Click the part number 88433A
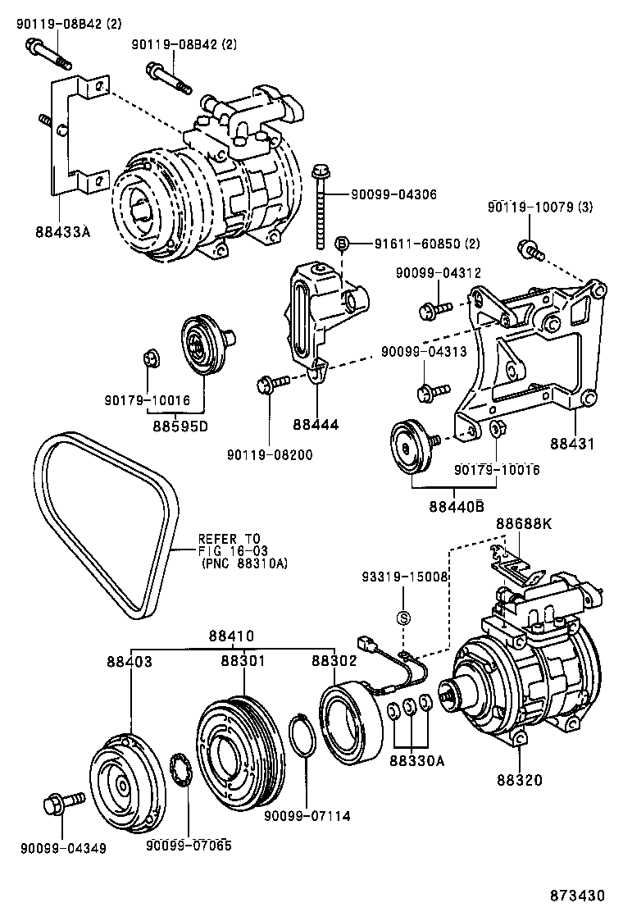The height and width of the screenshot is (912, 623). click(62, 232)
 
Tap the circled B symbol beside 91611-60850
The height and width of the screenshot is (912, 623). click(343, 243)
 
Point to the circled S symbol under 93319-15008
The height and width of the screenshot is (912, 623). click(403, 618)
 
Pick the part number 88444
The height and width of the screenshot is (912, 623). click(316, 425)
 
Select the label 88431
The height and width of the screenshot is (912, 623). click(571, 443)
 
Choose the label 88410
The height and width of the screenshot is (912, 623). click(231, 636)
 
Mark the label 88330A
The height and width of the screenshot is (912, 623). click(417, 760)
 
